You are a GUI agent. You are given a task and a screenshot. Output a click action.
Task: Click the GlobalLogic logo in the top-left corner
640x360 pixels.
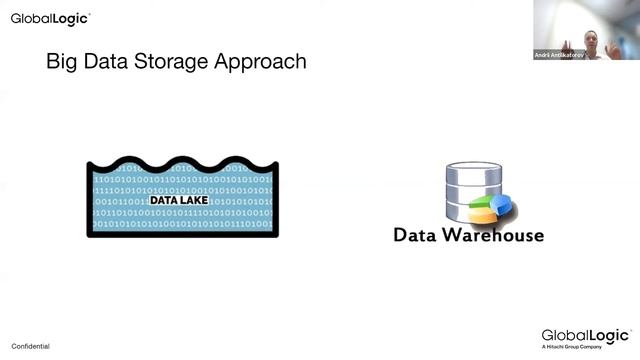click(x=49, y=18)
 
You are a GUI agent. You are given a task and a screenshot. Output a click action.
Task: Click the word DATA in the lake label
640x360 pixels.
click(x=165, y=199)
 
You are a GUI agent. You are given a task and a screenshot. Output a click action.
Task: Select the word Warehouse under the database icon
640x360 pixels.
click(x=492, y=235)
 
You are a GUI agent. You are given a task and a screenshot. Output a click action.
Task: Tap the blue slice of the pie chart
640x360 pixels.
click(x=501, y=204)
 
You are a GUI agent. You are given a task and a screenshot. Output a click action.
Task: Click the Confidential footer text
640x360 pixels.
click(x=30, y=346)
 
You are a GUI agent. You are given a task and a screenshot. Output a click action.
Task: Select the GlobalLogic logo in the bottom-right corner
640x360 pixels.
click(x=585, y=335)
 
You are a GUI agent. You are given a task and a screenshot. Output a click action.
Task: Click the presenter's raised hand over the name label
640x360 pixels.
click(x=567, y=46)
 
